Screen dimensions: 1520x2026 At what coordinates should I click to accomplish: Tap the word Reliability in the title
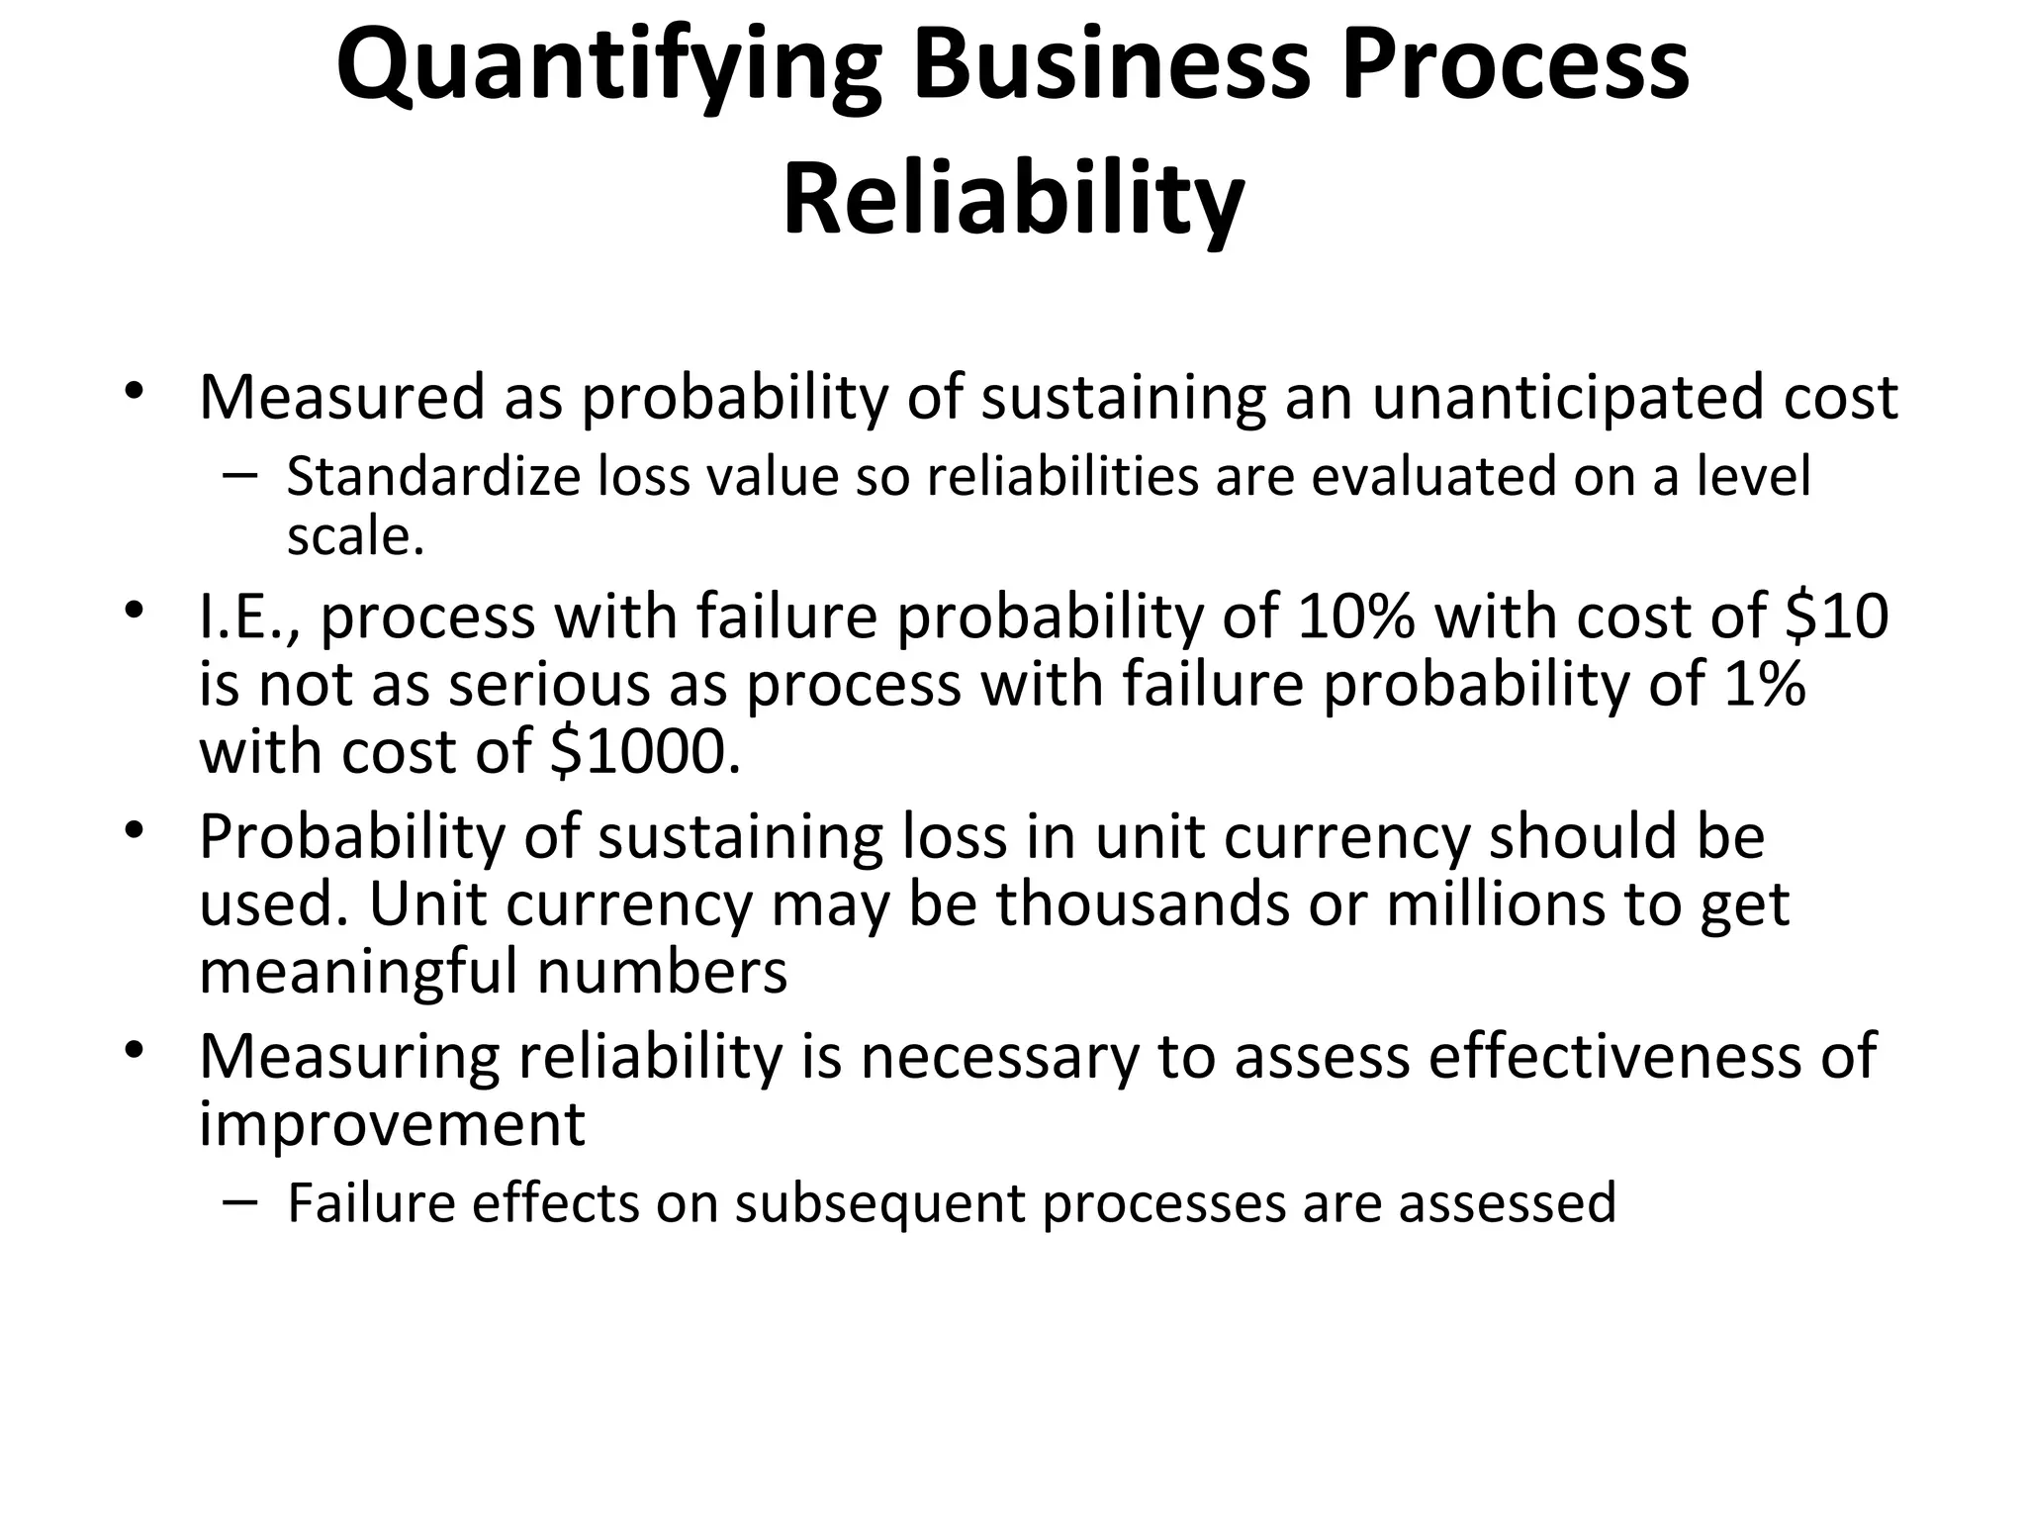pos(1013,203)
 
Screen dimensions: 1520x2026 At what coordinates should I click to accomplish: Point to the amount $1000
pos(644,752)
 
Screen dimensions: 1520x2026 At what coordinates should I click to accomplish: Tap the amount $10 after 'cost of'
pos(1837,616)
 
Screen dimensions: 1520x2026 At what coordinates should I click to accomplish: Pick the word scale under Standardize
pos(355,537)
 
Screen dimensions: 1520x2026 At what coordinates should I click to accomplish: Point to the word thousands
pos(1143,904)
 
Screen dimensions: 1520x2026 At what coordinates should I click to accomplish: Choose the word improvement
pos(392,1124)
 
